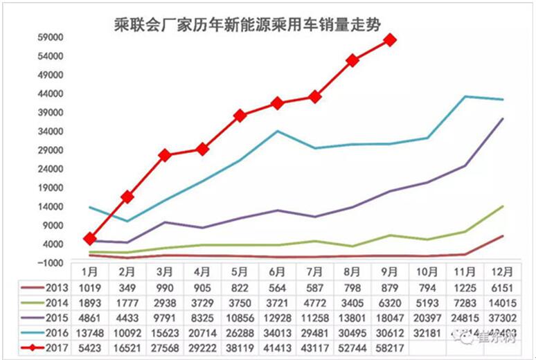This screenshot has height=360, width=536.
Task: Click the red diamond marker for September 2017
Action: click(390, 40)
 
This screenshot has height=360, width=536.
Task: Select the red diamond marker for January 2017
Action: click(90, 239)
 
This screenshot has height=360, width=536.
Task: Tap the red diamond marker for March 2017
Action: click(165, 155)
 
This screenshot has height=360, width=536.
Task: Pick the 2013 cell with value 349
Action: click(127, 287)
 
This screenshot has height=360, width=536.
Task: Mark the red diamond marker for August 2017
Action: click(352, 60)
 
